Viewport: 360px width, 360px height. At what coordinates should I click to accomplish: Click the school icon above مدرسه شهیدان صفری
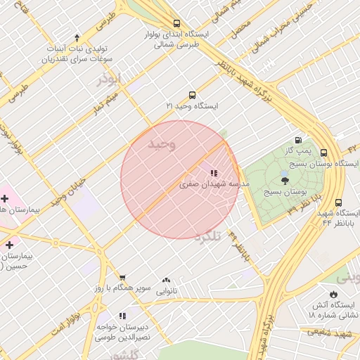[213, 173]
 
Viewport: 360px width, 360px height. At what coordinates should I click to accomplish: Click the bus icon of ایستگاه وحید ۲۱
[192, 95]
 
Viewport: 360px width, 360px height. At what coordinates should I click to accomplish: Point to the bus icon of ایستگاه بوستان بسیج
[323, 153]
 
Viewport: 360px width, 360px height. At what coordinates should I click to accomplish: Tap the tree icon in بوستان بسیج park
[284, 180]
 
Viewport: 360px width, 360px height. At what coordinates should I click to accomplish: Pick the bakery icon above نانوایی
[166, 281]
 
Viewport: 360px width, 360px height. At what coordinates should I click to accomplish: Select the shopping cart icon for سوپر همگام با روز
[123, 278]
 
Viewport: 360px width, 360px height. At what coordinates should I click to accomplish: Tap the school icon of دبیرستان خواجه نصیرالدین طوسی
[123, 316]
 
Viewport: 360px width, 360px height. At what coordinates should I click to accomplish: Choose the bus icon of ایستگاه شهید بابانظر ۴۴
[339, 202]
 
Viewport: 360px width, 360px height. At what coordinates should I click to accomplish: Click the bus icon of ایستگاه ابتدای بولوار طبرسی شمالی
[175, 22]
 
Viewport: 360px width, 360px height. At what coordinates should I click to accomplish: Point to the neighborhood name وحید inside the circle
[161, 144]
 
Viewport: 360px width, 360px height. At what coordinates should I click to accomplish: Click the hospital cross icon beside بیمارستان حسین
[9, 245]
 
